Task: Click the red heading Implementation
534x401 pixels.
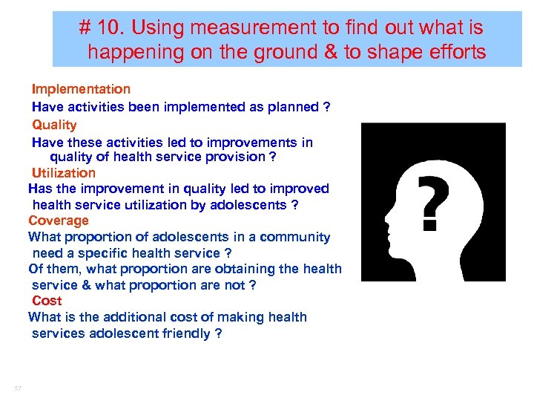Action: (x=81, y=89)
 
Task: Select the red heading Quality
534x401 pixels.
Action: (x=54, y=125)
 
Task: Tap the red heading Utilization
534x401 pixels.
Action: (x=64, y=173)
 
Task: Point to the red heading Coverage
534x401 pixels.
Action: (x=59, y=221)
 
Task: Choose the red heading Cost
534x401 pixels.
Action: (x=47, y=301)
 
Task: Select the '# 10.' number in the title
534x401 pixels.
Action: (x=105, y=29)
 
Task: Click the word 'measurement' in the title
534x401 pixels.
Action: (x=254, y=29)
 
